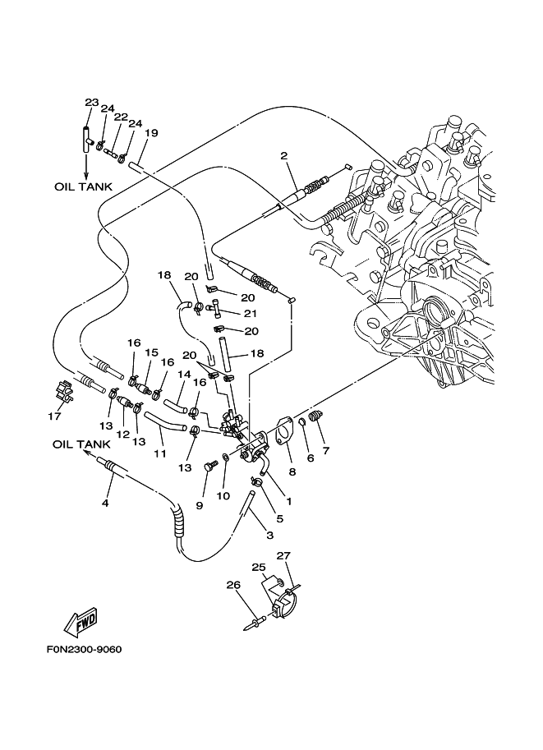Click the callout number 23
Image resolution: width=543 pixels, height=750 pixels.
tap(91, 103)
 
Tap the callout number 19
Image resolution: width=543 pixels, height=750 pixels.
tap(151, 133)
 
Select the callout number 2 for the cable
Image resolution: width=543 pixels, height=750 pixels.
tap(283, 155)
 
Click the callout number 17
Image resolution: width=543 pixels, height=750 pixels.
tap(54, 416)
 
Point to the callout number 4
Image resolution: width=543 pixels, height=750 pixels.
tap(105, 503)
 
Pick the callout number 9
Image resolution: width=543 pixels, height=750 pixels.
tap(199, 506)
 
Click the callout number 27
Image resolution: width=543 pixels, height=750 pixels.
tap(283, 556)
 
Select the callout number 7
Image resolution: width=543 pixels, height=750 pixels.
tap(326, 450)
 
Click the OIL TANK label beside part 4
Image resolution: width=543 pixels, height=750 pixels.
tap(81, 444)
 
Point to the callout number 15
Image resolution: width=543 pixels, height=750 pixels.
tap(151, 352)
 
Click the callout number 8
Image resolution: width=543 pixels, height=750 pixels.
tap(292, 472)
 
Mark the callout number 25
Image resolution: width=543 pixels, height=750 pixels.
tap(258, 568)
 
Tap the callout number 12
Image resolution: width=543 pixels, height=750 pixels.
tap(124, 433)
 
